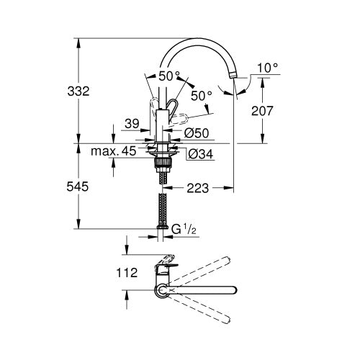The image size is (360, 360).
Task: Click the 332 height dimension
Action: (x=78, y=91)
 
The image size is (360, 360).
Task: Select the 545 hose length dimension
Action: (x=78, y=186)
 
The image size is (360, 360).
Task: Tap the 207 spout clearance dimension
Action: (x=262, y=111)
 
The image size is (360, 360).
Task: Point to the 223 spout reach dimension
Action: (x=197, y=189)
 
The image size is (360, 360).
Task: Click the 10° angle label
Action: (x=268, y=68)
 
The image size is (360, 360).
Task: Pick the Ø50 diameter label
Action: (x=197, y=133)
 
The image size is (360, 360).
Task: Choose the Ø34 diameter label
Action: (x=201, y=153)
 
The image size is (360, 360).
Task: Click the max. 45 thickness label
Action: (x=114, y=151)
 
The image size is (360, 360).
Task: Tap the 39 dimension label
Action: (x=132, y=124)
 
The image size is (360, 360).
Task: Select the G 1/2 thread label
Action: (x=184, y=229)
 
